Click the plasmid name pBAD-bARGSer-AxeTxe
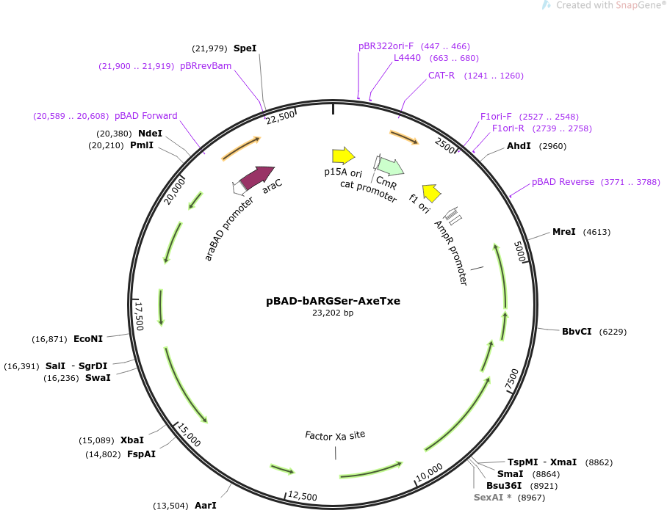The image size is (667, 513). click(x=333, y=301)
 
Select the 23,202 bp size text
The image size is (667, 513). click(x=333, y=313)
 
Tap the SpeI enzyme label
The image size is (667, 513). click(x=245, y=48)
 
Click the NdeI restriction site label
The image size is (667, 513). click(x=150, y=133)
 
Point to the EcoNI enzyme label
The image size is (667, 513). click(x=88, y=339)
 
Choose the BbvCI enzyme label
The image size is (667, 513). click(x=577, y=332)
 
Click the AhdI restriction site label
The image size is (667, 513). click(x=519, y=146)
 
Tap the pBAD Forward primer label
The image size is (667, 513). click(x=146, y=116)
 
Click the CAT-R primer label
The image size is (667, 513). click(x=441, y=76)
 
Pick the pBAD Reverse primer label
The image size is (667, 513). click(x=563, y=182)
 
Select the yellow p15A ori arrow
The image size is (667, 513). click(x=343, y=156)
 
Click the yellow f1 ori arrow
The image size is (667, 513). click(x=432, y=192)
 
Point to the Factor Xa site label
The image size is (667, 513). click(x=335, y=435)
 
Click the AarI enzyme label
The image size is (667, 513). click(x=205, y=506)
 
